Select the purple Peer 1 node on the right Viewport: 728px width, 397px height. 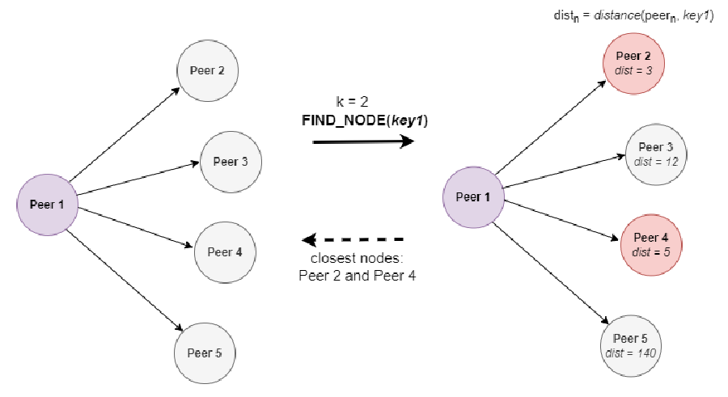pos(473,197)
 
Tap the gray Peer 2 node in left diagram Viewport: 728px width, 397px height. pos(207,70)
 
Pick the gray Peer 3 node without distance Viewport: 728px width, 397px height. pos(230,162)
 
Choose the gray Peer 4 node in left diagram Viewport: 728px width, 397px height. pos(224,251)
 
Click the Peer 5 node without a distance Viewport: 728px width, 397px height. pos(204,353)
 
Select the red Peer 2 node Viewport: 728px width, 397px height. pos(633,62)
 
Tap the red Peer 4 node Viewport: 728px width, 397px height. pos(651,244)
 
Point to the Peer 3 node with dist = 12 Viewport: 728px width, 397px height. pos(656,154)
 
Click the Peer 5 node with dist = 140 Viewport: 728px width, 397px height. pos(631,345)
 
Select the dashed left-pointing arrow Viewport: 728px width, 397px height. pos(353,240)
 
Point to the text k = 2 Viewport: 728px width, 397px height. pos(352,102)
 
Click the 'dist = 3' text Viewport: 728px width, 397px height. pos(633,70)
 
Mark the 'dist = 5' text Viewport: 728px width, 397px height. pos(651,251)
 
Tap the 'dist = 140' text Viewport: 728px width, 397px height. pos(631,353)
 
